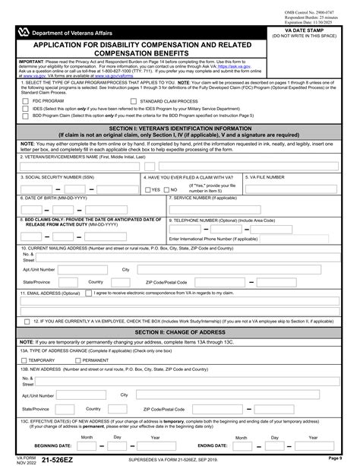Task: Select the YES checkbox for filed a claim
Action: click(x=147, y=189)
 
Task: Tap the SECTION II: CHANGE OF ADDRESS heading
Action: click(x=179, y=332)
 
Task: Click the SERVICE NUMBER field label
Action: click(x=206, y=197)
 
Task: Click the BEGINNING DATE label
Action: click(x=53, y=445)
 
